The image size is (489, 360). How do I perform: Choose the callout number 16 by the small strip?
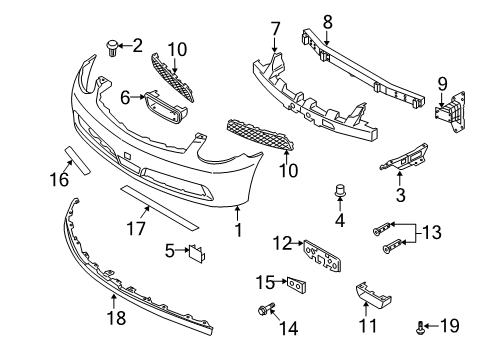[x=60, y=179]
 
